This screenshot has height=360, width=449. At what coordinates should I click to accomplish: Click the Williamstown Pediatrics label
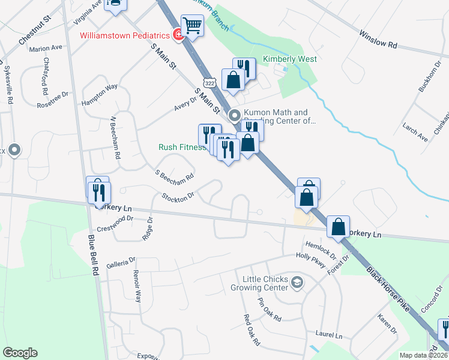tap(126, 35)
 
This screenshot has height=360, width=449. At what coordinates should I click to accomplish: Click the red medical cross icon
tap(178, 35)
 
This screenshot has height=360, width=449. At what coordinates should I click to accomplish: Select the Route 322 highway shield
tap(208, 81)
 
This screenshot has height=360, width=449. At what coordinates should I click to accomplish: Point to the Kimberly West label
tap(290, 59)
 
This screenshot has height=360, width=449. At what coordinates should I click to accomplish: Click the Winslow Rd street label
tap(379, 40)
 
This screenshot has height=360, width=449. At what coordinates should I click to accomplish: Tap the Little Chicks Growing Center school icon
tap(297, 283)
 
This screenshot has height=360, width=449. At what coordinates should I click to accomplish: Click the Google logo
tap(20, 353)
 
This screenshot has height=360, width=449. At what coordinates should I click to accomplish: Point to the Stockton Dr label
tap(179, 196)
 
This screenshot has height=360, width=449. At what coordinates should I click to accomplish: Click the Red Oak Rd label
tap(252, 330)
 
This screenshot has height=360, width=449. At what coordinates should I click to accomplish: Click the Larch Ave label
tap(415, 133)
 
